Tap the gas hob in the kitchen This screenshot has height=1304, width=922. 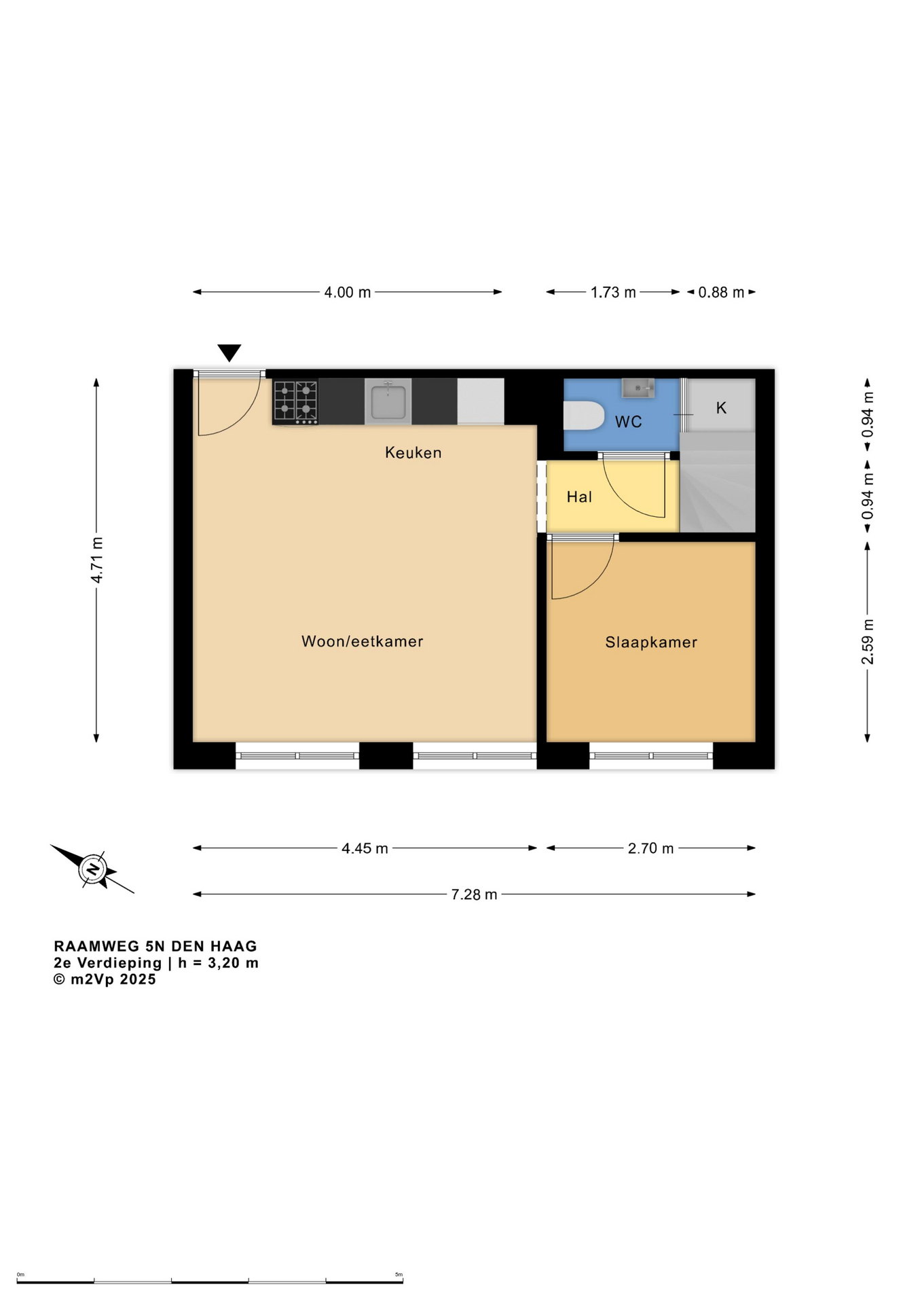point(295,402)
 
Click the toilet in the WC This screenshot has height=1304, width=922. point(584,415)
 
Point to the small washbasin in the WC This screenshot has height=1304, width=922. point(638,388)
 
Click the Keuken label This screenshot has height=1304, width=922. point(413,452)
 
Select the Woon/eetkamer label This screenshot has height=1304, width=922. point(363,641)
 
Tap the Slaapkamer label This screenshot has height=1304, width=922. point(651,642)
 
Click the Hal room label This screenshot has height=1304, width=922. point(579,496)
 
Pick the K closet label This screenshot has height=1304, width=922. point(721,407)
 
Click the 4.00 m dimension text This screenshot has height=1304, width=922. point(348,292)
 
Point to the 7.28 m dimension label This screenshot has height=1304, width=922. point(475,894)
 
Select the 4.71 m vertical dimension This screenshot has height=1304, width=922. point(97,560)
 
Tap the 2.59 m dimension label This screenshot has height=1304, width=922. point(868,642)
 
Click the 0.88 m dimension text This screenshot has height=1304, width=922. point(722,292)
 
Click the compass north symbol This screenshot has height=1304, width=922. point(92,869)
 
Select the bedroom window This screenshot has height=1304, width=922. point(651,755)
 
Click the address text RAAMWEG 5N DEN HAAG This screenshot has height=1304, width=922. point(155,946)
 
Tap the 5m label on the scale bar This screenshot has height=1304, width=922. point(399,1274)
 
